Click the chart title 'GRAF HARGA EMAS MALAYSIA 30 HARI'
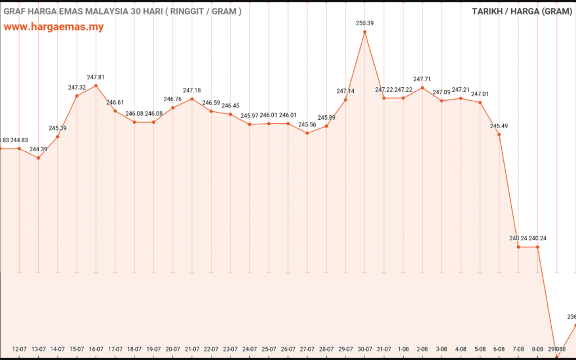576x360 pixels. click(123, 11)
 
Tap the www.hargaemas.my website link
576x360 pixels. click(54, 27)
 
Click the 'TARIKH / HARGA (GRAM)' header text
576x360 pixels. click(521, 11)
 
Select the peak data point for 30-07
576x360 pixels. click(364, 32)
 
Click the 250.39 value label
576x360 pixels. click(364, 23)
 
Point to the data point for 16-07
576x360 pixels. click(96, 85)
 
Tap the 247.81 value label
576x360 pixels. click(96, 77)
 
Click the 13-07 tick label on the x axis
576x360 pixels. click(39, 349)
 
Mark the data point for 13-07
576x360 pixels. click(38, 158)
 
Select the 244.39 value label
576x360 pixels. click(38, 149)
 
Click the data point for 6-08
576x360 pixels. click(499, 134)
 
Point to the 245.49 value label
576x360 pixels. click(499, 126)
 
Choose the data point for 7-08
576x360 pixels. click(519, 247)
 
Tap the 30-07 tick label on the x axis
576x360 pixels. click(365, 349)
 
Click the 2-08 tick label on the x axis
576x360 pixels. click(422, 349)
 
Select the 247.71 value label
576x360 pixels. click(422, 79)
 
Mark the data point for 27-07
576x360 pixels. click(307, 133)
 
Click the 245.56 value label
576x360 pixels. click(307, 125)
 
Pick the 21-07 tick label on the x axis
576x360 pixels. click(192, 349)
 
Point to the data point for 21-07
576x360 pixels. click(192, 99)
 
